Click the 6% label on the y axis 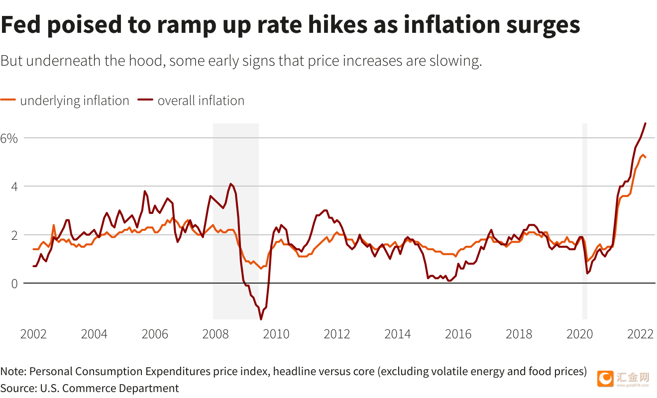[x=9, y=138]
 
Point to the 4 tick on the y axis [x=14, y=187]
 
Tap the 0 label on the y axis [x=14, y=284]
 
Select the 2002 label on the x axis [x=33, y=334]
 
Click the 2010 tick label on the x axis [x=276, y=334]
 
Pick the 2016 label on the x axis [x=458, y=334]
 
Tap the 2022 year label [x=640, y=334]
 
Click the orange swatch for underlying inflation [x=8, y=99]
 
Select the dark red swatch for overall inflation [x=145, y=99]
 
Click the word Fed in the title [x=20, y=24]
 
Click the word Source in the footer [x=19, y=389]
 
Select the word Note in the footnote [x=13, y=371]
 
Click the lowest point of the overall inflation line [x=261, y=319]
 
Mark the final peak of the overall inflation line [x=645, y=123]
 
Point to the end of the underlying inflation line [x=645, y=157]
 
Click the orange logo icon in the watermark [x=605, y=379]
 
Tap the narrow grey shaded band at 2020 [x=584, y=221]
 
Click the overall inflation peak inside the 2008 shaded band [x=231, y=184]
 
